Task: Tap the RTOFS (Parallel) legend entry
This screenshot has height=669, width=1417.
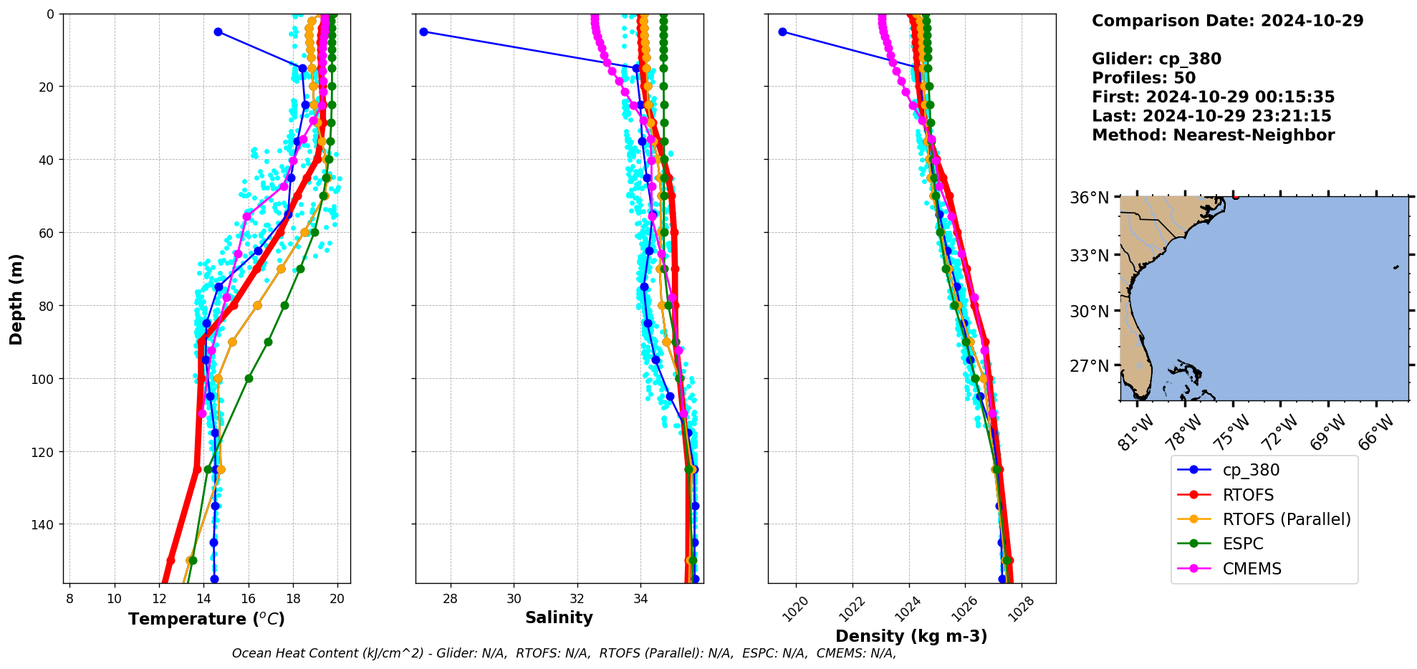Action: click(x=1287, y=519)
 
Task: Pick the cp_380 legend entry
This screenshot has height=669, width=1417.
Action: click(x=1251, y=470)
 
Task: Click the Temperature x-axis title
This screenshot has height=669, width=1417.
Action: click(x=206, y=619)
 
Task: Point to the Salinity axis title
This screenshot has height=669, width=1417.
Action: click(x=559, y=617)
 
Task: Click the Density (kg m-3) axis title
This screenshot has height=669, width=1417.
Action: click(x=911, y=636)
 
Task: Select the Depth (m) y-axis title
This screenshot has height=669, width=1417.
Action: click(x=16, y=299)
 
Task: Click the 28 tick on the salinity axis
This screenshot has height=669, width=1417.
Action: click(x=450, y=599)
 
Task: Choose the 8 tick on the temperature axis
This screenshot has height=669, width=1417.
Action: click(x=69, y=599)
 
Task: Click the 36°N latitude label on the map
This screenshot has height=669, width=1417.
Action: click(x=1089, y=198)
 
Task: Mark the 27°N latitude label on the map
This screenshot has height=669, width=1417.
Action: click(x=1089, y=366)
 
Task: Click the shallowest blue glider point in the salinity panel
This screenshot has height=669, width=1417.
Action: click(x=423, y=32)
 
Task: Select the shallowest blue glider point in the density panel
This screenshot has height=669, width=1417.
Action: click(x=782, y=32)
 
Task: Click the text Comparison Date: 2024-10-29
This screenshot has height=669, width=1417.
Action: click(x=1227, y=21)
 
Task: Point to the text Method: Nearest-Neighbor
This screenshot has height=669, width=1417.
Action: click(x=1213, y=135)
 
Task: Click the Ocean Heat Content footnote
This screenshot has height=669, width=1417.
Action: click(x=564, y=653)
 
